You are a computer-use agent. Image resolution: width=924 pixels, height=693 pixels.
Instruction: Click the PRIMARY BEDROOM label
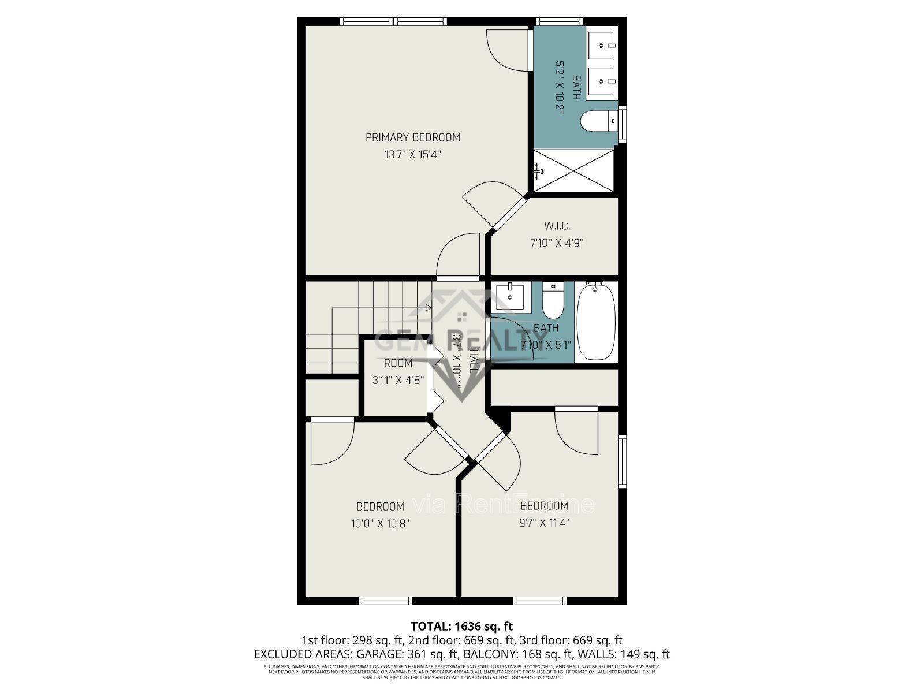click(x=413, y=137)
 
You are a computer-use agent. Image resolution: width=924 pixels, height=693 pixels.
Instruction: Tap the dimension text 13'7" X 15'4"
click(x=413, y=155)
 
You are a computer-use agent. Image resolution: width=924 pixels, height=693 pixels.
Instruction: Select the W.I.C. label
click(x=557, y=226)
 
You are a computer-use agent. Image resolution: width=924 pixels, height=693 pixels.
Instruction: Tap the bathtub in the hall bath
click(x=596, y=321)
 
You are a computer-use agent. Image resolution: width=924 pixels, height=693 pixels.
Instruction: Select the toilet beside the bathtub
click(x=553, y=301)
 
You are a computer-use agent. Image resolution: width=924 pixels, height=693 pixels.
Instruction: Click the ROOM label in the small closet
click(x=398, y=363)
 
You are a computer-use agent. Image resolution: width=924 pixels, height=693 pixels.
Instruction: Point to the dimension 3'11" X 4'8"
click(x=398, y=380)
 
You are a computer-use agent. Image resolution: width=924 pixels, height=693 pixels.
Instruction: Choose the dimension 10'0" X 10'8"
click(x=380, y=524)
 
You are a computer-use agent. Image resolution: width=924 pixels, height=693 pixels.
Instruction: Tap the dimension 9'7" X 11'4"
click(x=545, y=523)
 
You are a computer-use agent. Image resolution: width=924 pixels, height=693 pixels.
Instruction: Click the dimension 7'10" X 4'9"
click(x=557, y=243)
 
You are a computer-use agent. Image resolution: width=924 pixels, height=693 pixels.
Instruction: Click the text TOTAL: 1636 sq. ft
click(x=461, y=626)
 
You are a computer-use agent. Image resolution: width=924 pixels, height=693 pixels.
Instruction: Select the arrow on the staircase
click(x=428, y=308)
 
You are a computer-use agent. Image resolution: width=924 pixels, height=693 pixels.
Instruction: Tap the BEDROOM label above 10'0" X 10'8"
click(x=380, y=506)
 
